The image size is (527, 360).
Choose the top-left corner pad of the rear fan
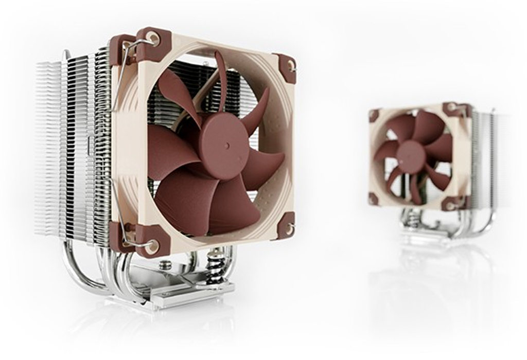pos(374,115)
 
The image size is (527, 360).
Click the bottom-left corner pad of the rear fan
pos(374,199)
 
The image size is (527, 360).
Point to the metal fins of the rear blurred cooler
pos(484,159)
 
